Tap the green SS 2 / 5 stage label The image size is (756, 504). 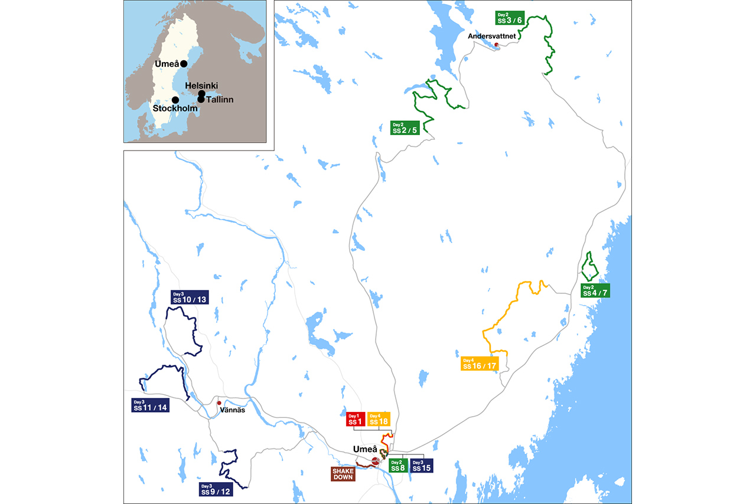405,127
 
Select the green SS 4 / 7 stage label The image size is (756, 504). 595,290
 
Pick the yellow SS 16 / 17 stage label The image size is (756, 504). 480,364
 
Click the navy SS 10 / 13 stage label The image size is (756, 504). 189,297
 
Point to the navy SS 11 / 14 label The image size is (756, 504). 151,405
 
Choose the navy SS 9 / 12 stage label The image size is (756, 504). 217,489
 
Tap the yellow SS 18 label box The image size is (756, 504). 378,419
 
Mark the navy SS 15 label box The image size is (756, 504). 422,466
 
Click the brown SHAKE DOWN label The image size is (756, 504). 343,474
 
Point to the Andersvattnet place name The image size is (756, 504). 492,37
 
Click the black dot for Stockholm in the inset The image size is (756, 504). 175,100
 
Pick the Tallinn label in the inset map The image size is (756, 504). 219,100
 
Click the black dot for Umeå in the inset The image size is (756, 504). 184,64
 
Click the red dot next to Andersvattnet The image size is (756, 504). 496,45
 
